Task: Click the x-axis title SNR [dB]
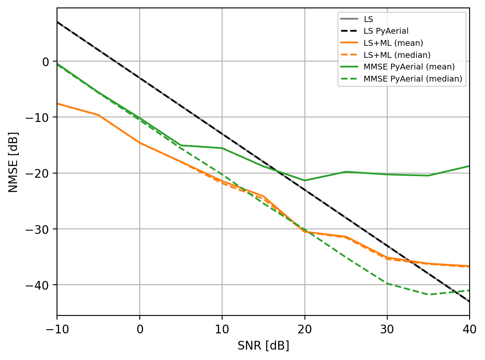point(263,346)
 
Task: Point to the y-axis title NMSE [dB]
point(14,161)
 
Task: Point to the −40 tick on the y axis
point(40,285)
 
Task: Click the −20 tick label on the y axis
point(40,173)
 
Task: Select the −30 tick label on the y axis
point(40,229)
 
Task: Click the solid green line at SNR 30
point(387,174)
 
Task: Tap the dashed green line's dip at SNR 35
point(428,295)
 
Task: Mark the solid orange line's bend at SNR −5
point(99,115)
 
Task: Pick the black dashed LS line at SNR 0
point(140,79)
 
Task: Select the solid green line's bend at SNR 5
point(181,145)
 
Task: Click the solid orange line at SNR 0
point(140,143)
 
